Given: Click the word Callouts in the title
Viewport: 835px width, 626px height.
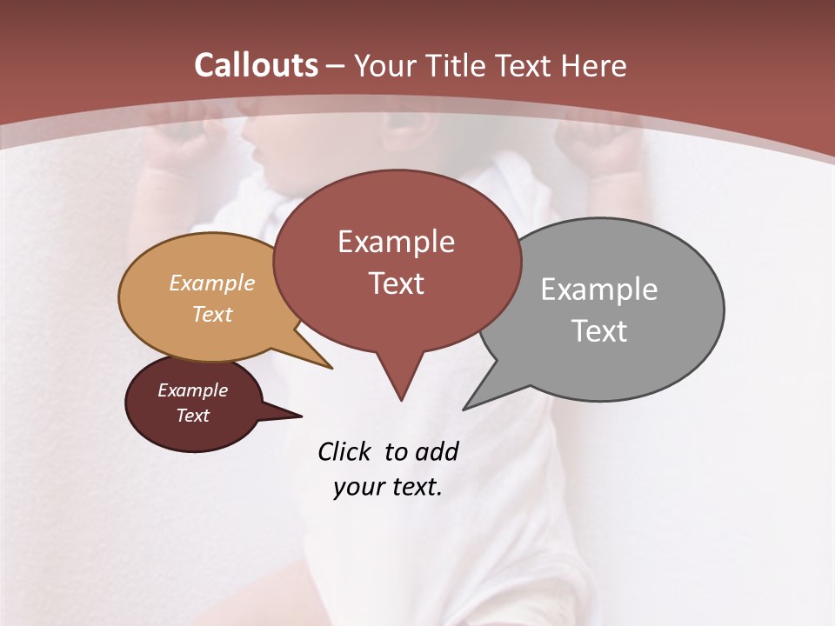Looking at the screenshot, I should click(256, 65).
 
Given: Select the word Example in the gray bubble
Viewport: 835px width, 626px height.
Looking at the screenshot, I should click(598, 290).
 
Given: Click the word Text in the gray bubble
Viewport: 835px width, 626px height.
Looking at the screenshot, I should click(599, 331).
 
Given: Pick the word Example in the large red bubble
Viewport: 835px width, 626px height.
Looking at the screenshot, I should click(396, 242).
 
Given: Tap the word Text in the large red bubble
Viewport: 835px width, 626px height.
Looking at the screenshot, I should click(396, 283).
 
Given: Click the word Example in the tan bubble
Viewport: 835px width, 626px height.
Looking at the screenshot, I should click(211, 283).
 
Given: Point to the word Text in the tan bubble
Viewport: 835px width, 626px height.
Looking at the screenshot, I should click(211, 314).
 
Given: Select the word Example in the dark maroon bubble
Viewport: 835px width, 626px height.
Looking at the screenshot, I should click(192, 390).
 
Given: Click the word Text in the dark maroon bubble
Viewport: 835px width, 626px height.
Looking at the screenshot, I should click(192, 416).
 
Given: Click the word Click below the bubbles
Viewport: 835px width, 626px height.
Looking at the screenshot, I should click(345, 452).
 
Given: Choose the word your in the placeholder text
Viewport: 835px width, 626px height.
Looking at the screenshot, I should click(357, 487).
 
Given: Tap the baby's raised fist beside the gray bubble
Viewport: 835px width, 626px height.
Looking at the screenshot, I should click(605, 156).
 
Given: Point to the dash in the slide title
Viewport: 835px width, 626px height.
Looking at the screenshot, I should click(337, 66).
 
